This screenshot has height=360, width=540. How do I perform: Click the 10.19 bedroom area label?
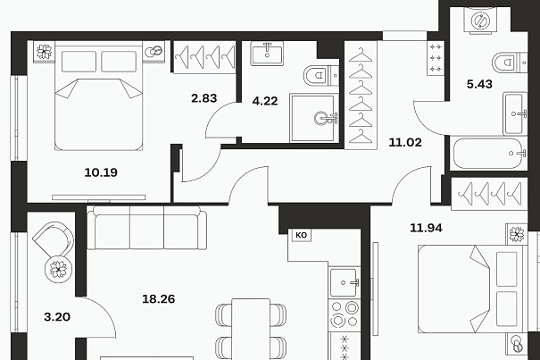pos(101,172)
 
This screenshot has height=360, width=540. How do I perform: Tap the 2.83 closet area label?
pos(204,98)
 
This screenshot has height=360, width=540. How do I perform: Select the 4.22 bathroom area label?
pos(265,101)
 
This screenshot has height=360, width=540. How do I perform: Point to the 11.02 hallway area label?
pos(405,142)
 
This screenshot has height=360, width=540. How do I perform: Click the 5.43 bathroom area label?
pos(479,84)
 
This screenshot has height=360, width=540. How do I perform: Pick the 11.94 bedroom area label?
pos(426,228)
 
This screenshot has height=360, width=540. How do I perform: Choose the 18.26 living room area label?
pos(158,298)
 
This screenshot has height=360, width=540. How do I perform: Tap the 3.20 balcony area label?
pos(57,316)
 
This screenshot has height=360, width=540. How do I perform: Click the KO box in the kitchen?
pos(301,235)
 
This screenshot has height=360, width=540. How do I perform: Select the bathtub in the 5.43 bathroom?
pos(489,154)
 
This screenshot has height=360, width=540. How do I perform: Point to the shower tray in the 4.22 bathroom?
pos(312,118)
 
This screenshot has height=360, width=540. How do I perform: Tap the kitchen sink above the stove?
pos(344,282)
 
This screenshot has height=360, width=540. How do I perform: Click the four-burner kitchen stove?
pos(344,314)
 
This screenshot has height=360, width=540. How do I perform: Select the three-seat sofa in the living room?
pos(147,228)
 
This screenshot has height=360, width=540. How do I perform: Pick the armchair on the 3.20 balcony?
pos(54,238)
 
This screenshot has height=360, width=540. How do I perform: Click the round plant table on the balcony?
pos(58,269)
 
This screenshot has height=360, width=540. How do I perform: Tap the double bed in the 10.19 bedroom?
pos(99,96)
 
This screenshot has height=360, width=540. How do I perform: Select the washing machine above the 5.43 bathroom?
pos(480,20)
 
